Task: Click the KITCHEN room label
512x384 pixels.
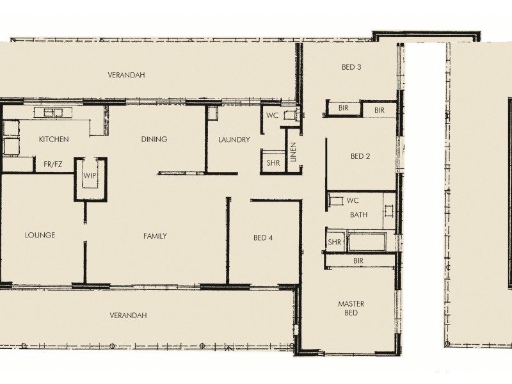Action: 54,139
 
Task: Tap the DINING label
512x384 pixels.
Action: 154,139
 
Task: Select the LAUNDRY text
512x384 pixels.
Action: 234,140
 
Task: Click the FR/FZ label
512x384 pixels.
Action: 53,164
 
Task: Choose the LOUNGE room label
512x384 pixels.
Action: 40,236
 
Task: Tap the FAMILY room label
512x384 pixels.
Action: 155,236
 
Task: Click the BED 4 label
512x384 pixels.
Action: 263,238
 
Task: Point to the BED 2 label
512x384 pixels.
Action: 360,156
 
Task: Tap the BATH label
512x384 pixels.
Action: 358,214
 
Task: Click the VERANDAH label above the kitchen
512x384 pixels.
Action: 126,75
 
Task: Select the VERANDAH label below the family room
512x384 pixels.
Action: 128,316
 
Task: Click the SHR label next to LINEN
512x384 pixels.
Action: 273,163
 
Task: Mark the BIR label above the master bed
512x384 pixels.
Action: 358,261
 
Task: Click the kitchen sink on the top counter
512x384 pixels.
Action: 54,113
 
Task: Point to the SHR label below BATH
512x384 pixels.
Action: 334,242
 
